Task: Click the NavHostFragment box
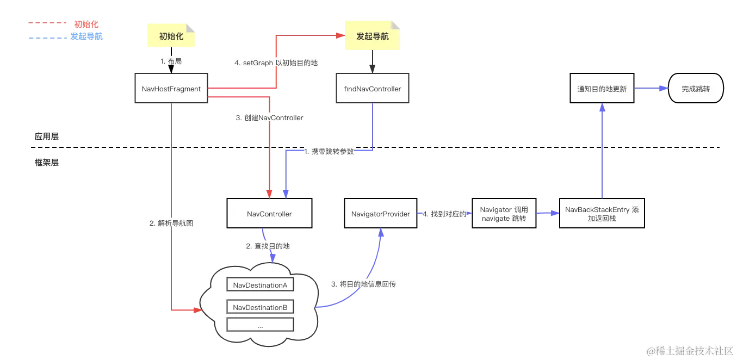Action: point(171,89)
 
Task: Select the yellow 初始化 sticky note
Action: point(170,36)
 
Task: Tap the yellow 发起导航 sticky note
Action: point(372,36)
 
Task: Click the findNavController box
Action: point(373,89)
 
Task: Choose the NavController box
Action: point(269,214)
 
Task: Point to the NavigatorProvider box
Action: point(381,214)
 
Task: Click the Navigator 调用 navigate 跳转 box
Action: point(504,214)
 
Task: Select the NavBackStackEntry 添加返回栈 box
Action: point(602,214)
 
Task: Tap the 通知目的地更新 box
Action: point(602,89)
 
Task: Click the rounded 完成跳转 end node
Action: point(696,89)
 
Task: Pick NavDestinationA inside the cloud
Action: point(259,285)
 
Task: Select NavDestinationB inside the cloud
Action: point(259,308)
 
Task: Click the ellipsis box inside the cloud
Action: point(259,326)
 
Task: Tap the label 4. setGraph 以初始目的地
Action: point(276,63)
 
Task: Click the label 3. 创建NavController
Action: point(269,117)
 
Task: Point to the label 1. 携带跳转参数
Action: point(329,152)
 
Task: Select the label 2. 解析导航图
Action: point(171,224)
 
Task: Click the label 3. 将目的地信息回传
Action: point(363,284)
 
